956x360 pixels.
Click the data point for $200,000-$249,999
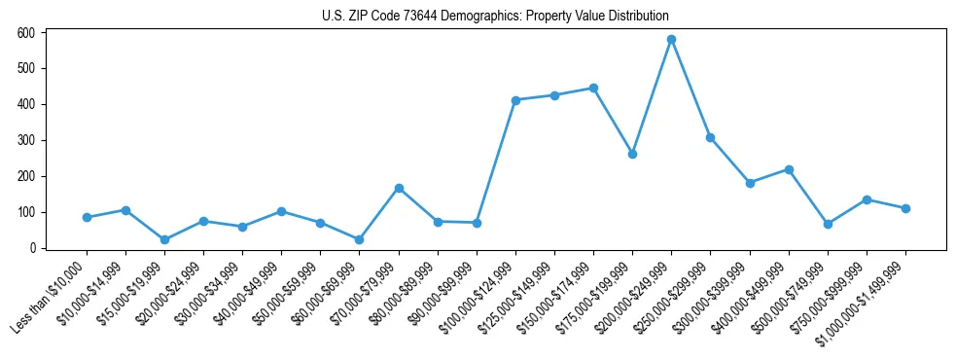tap(671, 40)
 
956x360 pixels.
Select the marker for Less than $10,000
tap(87, 217)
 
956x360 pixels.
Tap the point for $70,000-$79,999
tap(399, 188)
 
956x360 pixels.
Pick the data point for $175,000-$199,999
tap(632, 154)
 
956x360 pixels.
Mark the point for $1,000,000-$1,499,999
tap(905, 208)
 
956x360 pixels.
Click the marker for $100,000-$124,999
tap(515, 100)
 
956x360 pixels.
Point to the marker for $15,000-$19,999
tap(164, 239)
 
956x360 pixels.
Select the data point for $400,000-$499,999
tap(789, 169)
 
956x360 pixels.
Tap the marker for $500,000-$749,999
tap(828, 224)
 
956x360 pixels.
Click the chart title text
tap(495, 17)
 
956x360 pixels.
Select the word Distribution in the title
tap(638, 17)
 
